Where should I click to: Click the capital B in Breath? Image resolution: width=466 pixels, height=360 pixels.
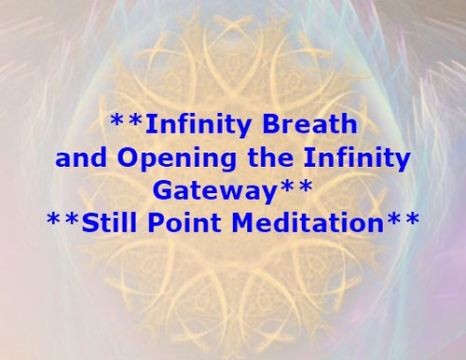tap(266, 122)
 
